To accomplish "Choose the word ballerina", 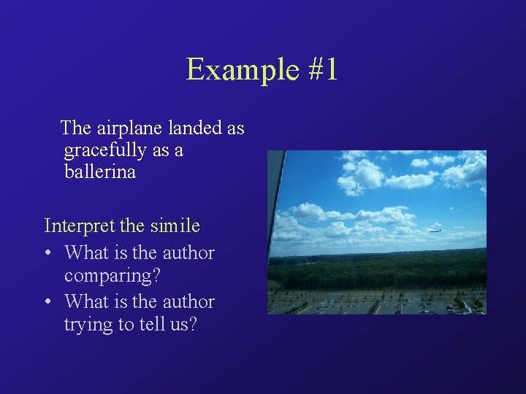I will [99, 174].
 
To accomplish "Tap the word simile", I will [175, 226].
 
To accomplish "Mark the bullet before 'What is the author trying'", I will [47, 302].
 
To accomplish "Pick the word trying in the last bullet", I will [86, 325].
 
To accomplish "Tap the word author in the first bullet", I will [188, 253].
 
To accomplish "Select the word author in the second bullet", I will [188, 301].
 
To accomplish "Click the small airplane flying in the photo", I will [436, 230].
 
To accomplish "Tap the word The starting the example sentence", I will [75, 128].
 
